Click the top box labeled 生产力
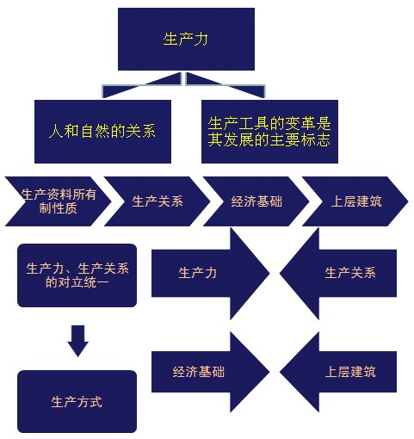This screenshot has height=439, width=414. (x=186, y=39)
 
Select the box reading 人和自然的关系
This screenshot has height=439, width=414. (x=102, y=132)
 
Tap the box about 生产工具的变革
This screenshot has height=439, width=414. (x=269, y=132)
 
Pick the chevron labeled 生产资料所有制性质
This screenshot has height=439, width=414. (x=59, y=201)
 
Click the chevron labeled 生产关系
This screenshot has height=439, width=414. (x=158, y=201)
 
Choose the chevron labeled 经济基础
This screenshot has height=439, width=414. (x=256, y=201)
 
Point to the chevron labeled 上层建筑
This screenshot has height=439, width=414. (x=355, y=201)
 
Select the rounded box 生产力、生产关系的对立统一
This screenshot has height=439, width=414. (x=77, y=275)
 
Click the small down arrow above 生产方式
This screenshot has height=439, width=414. (x=78, y=341)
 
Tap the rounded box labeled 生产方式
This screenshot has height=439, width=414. (x=77, y=401)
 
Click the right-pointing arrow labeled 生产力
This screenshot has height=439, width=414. (x=210, y=273)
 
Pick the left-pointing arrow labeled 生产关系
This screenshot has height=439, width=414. (x=338, y=273)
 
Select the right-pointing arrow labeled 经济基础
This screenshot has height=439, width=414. (x=210, y=372)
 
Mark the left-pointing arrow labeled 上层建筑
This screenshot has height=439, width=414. (x=338, y=372)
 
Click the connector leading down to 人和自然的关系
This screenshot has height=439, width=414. (x=142, y=85)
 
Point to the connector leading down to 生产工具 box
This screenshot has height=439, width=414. (x=226, y=85)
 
